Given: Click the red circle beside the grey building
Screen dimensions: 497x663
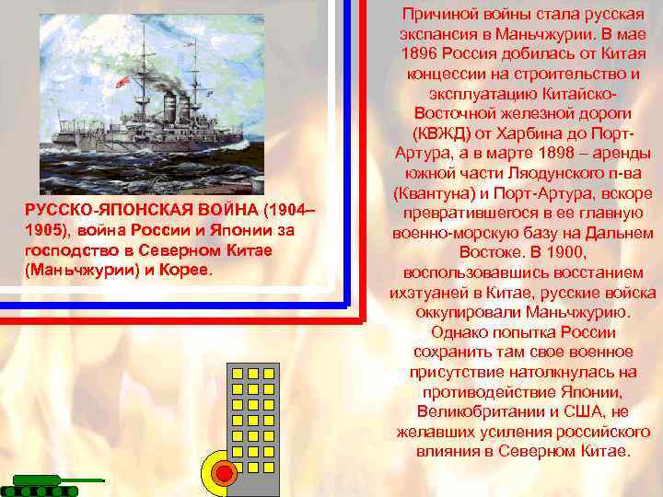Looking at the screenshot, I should click(222, 473).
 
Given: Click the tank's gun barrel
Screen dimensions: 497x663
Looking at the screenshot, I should click(84, 480).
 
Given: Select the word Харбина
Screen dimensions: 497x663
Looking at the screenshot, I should click(545, 132).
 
